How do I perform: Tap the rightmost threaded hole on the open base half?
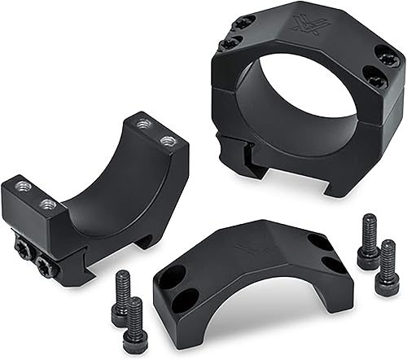pyautogui.click(x=168, y=141)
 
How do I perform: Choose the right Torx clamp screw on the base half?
pyautogui.click(x=44, y=262)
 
